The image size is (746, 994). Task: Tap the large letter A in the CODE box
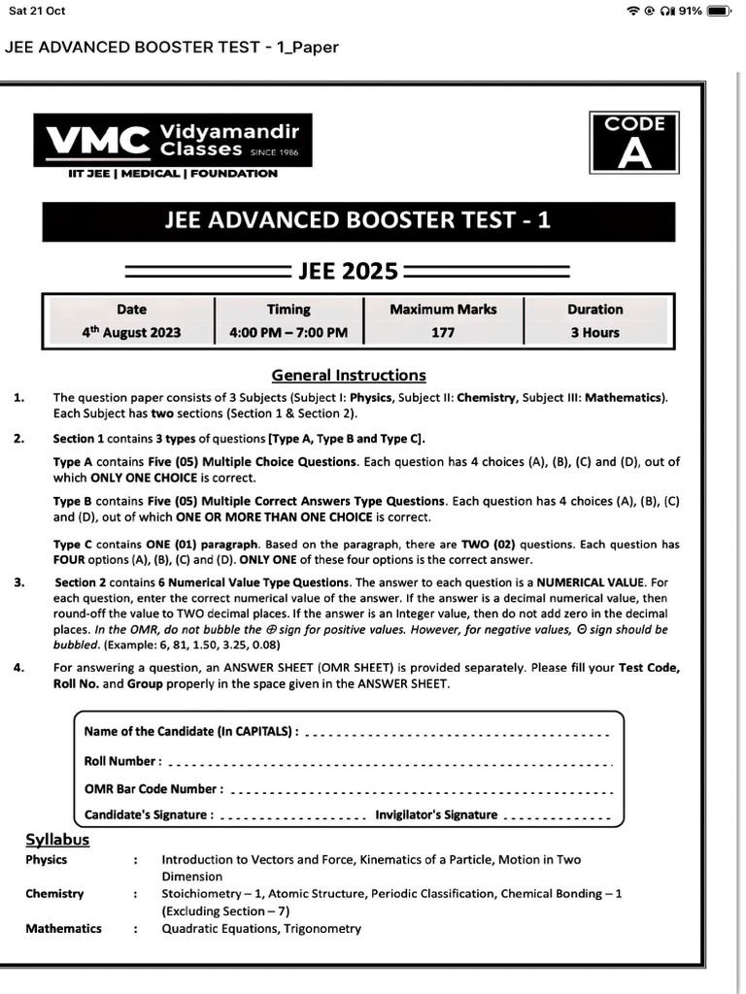[x=635, y=154]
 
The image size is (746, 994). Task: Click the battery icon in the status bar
[x=718, y=12]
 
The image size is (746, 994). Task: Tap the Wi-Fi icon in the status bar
[x=634, y=12]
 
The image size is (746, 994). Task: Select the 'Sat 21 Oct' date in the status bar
[x=37, y=12]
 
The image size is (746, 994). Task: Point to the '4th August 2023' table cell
[x=131, y=333]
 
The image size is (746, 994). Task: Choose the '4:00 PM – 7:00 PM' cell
[x=288, y=333]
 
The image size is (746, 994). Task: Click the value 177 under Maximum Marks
[x=443, y=333]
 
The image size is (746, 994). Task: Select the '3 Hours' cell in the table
[x=595, y=333]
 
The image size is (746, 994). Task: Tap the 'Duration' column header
[x=595, y=310]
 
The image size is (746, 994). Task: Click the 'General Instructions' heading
[x=349, y=376]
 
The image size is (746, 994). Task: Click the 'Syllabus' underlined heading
[x=57, y=840]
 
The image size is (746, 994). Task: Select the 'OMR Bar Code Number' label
[x=153, y=789]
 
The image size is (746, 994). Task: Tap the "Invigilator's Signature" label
[x=436, y=815]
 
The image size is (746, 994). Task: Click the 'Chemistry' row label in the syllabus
[x=54, y=894]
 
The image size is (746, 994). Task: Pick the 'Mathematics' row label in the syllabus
[x=63, y=929]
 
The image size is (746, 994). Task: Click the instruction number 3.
[x=19, y=582]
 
